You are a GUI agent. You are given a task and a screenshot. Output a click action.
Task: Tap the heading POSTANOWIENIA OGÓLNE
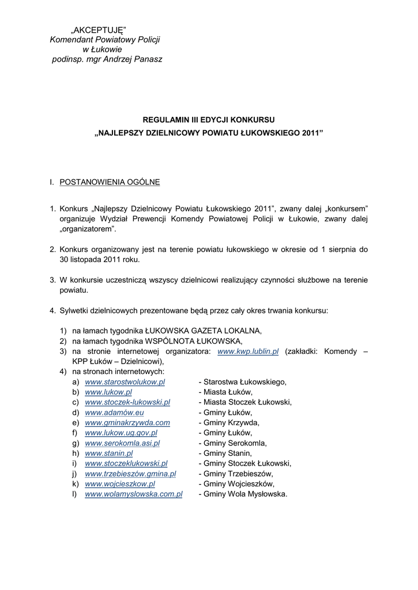[x=110, y=182]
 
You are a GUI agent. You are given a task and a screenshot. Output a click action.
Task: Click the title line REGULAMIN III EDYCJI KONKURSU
[x=209, y=120]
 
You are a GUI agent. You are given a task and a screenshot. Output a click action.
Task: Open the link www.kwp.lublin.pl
[x=248, y=351]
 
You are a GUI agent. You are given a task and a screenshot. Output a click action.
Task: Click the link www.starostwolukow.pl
[x=125, y=382]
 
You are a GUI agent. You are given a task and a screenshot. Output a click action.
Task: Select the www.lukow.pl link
[x=108, y=392]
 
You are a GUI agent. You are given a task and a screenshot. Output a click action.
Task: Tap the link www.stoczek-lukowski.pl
[x=127, y=402]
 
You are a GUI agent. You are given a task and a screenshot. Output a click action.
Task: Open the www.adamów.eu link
[x=114, y=413]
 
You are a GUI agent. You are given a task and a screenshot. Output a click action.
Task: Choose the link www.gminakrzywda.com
[x=127, y=423]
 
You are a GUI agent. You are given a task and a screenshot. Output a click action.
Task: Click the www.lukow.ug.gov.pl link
[x=121, y=433]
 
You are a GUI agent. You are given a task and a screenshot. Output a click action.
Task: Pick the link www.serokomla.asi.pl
[x=122, y=443]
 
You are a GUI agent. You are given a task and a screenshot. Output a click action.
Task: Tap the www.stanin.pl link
[x=109, y=453]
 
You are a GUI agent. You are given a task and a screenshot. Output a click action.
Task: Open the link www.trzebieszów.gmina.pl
[x=130, y=474]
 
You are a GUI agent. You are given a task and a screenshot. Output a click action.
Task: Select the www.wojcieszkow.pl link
[x=120, y=484]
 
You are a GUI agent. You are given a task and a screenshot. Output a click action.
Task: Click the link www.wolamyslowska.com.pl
[x=133, y=494]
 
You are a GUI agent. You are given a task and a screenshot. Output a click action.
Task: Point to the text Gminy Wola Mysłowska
[x=245, y=494]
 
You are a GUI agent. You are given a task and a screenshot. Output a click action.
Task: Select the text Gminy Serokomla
[x=235, y=443]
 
